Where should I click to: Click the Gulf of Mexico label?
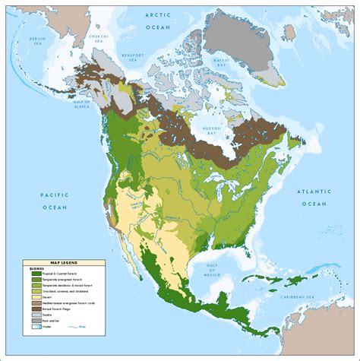(209, 269)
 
